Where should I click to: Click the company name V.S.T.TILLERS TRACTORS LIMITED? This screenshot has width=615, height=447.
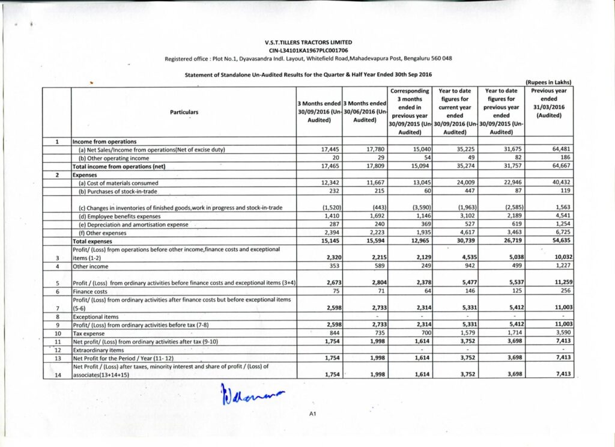coord(308,42)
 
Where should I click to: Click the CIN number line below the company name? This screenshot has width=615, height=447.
coord(308,50)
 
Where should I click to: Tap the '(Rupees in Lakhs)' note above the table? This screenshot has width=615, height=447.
coord(548,82)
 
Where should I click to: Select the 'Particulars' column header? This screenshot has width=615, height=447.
coord(184,112)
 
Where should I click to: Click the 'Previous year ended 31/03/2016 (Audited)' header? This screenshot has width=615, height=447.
coord(548,103)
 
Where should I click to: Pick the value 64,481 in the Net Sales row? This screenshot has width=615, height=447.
coord(557,149)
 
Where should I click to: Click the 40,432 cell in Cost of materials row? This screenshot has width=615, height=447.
coord(557,183)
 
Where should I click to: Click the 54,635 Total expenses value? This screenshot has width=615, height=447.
coord(556,240)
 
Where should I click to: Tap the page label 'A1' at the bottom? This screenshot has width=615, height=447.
coord(312,414)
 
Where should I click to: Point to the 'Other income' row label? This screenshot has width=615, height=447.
coord(91,266)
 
